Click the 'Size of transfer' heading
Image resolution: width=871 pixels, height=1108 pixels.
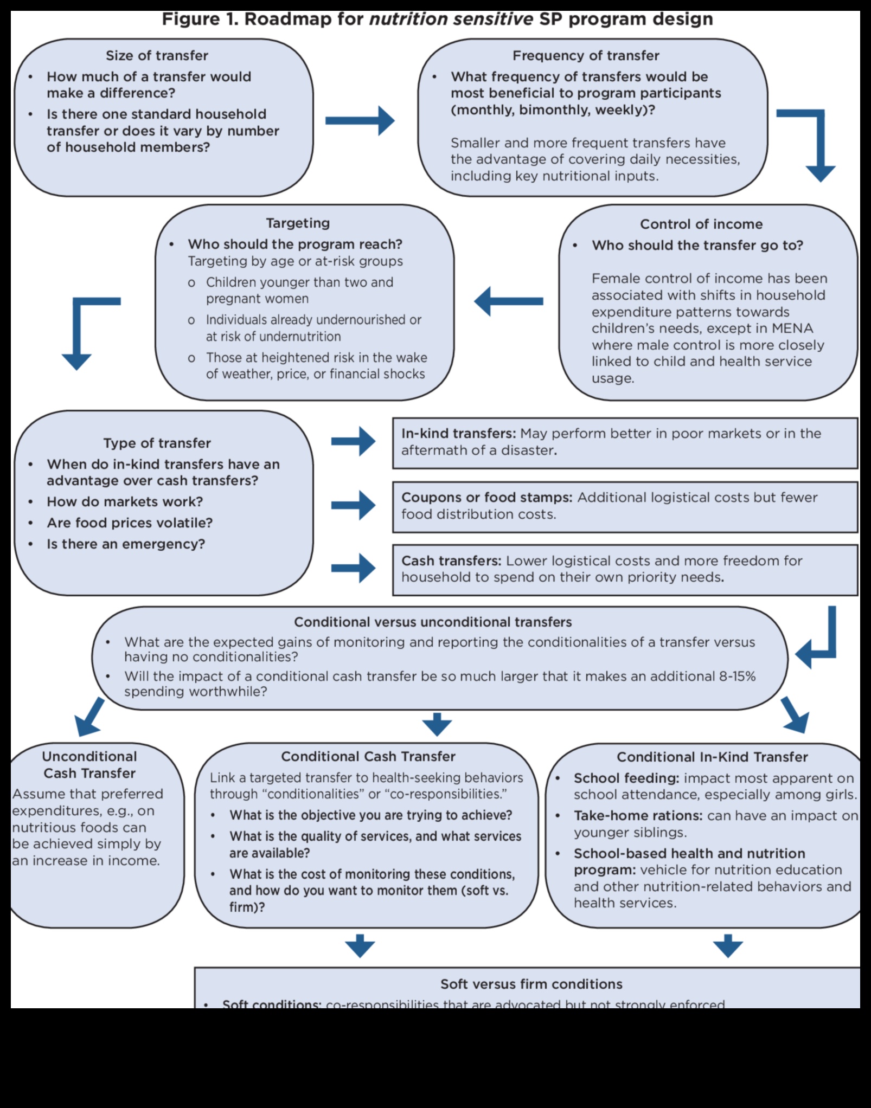[x=157, y=56]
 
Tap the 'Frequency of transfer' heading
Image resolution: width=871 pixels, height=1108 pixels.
[x=586, y=56]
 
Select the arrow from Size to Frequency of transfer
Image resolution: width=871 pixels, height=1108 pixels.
[x=360, y=120]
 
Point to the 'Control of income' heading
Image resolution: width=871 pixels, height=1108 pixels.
[x=701, y=224]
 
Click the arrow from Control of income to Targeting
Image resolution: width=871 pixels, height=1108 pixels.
[x=509, y=301]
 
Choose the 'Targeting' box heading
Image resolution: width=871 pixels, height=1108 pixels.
[x=298, y=223]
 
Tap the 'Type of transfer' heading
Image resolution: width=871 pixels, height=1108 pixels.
[x=157, y=443]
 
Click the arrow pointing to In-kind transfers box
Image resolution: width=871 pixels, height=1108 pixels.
[x=353, y=441]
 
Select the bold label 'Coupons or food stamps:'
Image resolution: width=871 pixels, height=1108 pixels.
[x=486, y=498]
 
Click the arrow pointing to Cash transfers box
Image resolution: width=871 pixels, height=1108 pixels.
[x=353, y=568]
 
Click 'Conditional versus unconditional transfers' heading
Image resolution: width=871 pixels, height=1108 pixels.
[x=433, y=622]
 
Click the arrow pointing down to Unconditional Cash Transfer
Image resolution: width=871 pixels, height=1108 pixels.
[x=90, y=717]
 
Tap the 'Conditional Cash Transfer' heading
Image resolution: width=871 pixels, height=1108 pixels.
[x=368, y=757]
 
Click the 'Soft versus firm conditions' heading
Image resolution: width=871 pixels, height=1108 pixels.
[x=531, y=984]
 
